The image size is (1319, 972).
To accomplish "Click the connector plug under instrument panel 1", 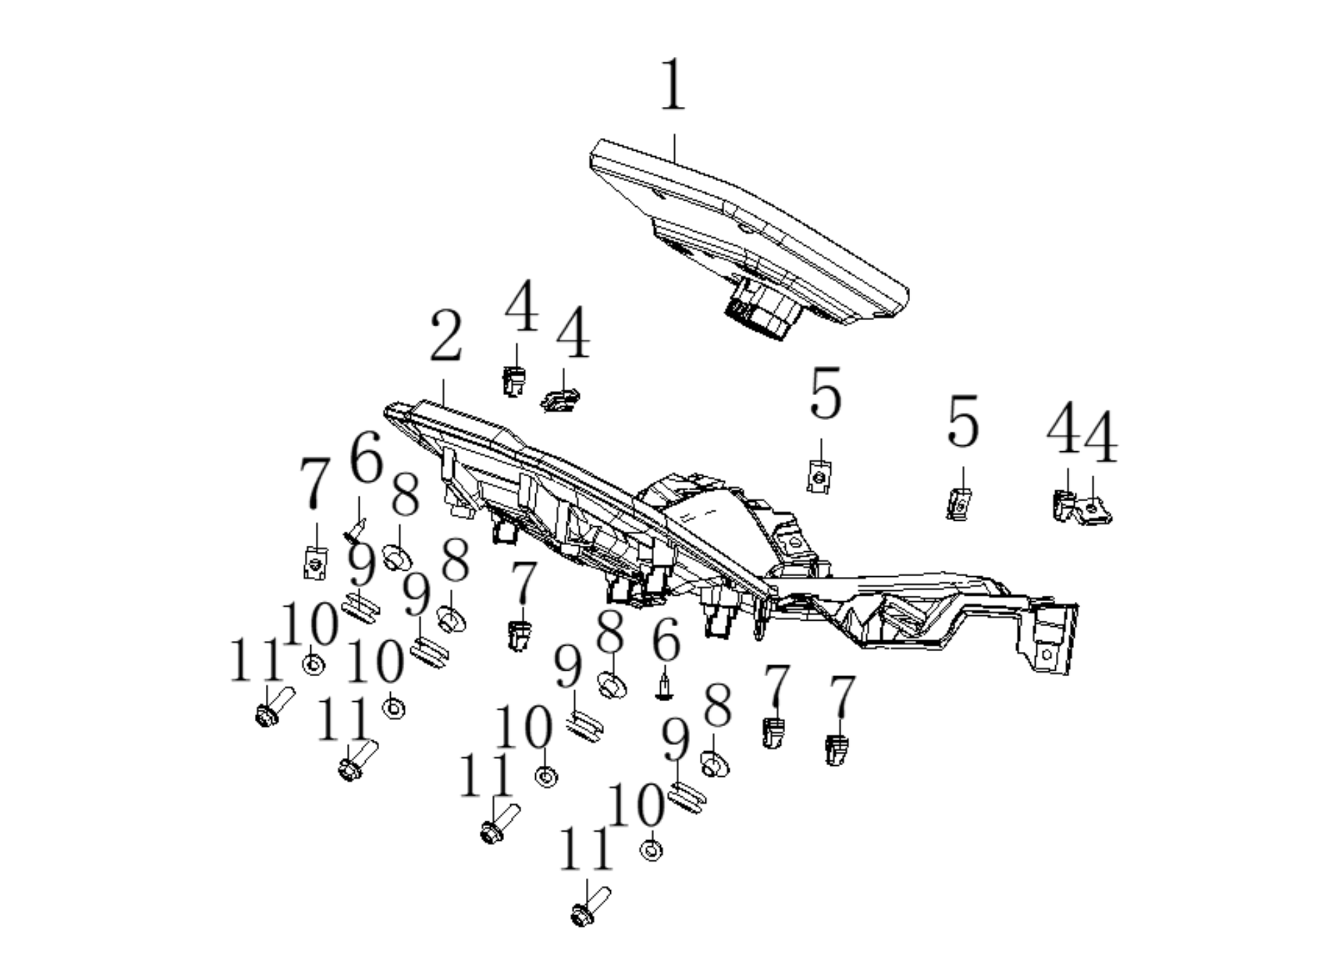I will click(762, 310).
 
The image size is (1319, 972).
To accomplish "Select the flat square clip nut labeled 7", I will click(315, 562).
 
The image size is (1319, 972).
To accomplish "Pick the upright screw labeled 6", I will click(664, 687).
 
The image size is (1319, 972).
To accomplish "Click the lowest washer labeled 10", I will click(650, 850).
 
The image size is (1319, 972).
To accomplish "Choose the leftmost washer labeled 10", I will click(314, 664).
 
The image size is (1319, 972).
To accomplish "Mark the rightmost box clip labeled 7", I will click(837, 750).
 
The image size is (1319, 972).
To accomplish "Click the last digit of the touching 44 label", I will click(1101, 437).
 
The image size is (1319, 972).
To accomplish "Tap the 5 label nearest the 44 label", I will click(963, 421).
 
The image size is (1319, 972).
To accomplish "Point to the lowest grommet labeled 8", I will click(714, 764).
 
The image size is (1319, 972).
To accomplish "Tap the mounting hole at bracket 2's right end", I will click(1046, 654).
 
